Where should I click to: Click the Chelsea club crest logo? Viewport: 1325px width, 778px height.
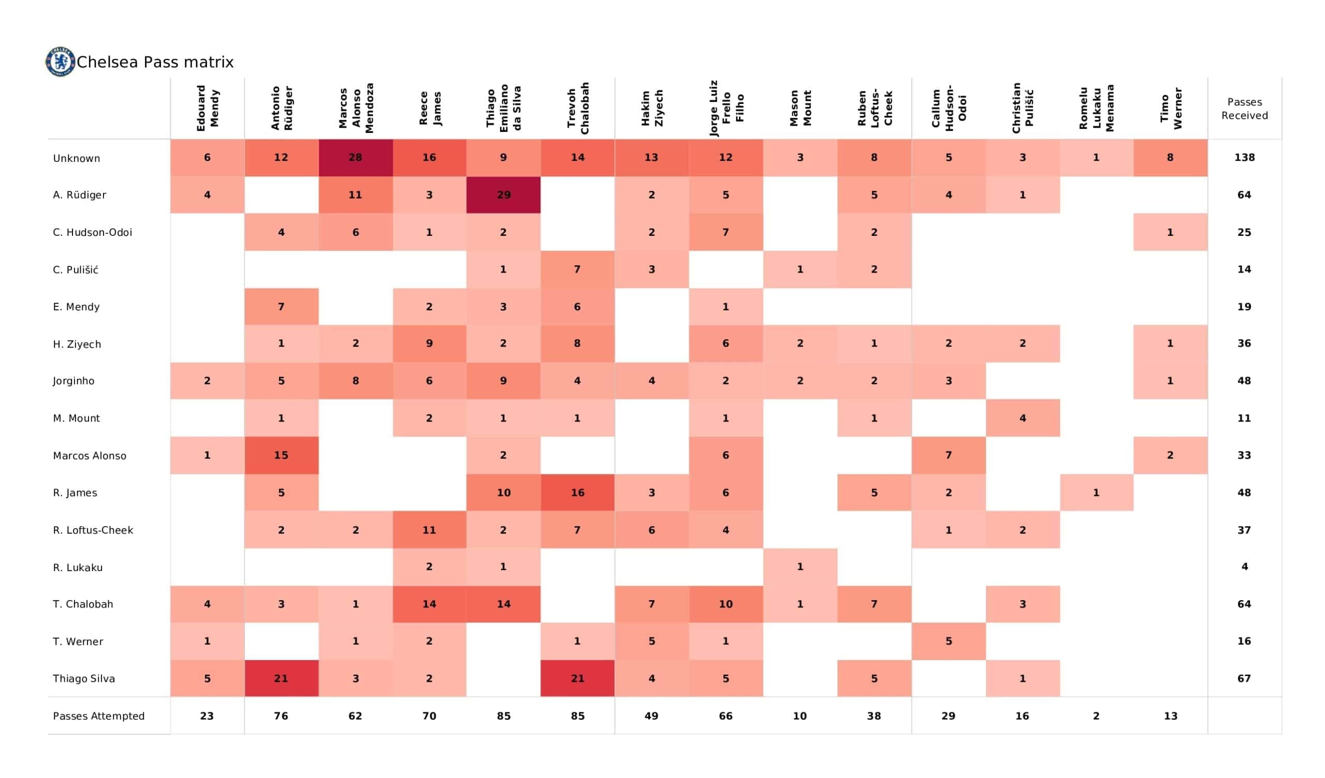tap(60, 62)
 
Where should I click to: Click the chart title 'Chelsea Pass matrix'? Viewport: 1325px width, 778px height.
tap(155, 62)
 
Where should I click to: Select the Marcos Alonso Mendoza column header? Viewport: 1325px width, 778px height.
tap(356, 108)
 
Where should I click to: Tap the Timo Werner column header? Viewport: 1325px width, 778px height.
tap(1171, 108)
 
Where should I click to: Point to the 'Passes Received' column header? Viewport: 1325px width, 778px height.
tap(1245, 109)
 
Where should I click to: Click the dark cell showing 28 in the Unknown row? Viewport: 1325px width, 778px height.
tap(356, 158)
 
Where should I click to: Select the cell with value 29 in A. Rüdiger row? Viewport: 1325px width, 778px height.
tap(503, 195)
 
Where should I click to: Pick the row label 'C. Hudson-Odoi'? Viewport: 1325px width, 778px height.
tap(93, 232)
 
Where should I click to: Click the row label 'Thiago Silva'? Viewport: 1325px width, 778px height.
tap(84, 679)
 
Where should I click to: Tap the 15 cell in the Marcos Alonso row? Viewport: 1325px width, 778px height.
tap(281, 455)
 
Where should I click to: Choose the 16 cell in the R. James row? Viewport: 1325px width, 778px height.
tap(577, 492)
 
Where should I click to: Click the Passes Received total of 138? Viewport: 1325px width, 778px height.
tap(1245, 158)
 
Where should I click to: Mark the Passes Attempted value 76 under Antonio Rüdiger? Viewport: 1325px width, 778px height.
tap(281, 716)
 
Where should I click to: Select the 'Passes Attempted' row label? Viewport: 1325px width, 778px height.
tap(99, 716)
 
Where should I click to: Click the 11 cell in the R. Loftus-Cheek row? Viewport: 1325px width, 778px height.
tap(429, 530)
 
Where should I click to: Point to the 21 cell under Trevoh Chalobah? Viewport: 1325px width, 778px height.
tap(577, 679)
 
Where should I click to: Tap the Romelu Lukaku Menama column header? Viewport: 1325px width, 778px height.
tap(1097, 108)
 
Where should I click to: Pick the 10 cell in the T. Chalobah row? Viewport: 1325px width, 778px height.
tap(726, 604)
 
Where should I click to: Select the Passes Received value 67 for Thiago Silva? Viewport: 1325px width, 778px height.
tap(1245, 679)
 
